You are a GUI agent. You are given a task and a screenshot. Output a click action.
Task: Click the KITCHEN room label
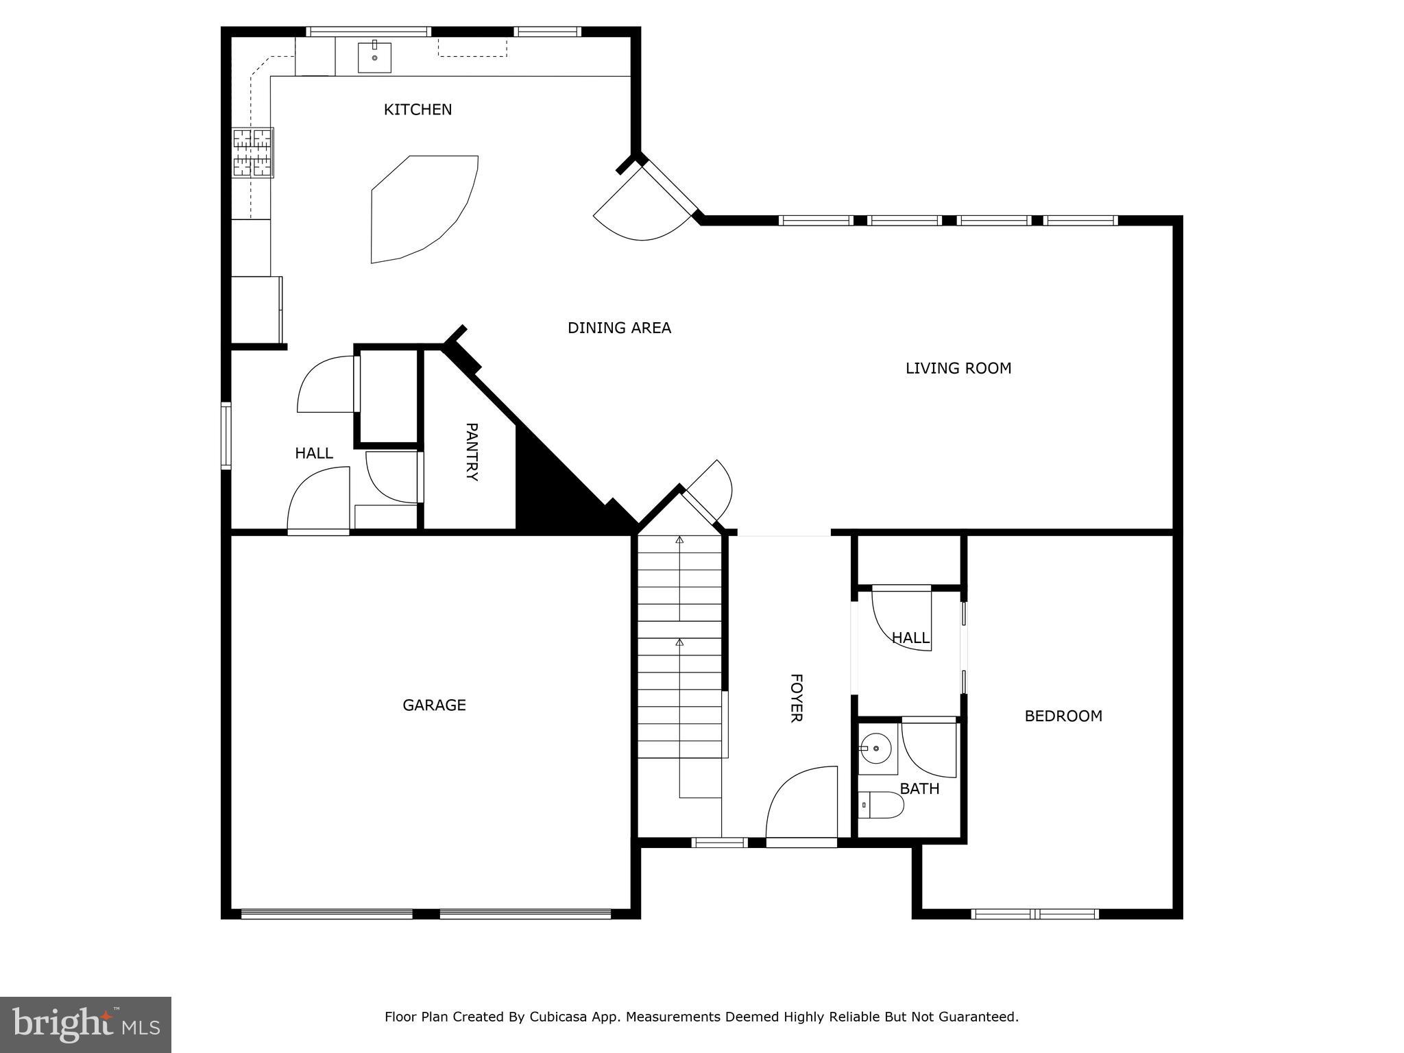coord(417,110)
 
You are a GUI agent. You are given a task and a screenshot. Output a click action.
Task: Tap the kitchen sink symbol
coord(374,58)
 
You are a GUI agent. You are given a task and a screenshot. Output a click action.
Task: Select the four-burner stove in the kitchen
coord(252,153)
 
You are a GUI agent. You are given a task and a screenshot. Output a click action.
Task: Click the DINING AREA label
coord(619,328)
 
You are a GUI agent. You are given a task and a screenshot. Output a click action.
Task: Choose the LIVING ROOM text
coord(958,369)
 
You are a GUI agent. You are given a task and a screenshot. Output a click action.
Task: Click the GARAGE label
coord(434,705)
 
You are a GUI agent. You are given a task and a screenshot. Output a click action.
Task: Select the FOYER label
coord(796,698)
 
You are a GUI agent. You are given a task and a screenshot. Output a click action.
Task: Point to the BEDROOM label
coord(1063,716)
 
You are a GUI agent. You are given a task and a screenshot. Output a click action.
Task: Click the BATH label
coord(919,789)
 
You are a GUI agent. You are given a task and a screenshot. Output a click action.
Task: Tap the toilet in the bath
coord(882,805)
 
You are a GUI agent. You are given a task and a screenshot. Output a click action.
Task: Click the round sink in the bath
coord(875,749)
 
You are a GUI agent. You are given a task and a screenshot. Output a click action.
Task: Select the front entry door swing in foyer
coord(802,802)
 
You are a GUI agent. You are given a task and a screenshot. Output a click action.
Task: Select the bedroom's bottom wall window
coord(1034,914)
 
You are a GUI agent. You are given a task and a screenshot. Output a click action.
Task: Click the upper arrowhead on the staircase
coord(679,540)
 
